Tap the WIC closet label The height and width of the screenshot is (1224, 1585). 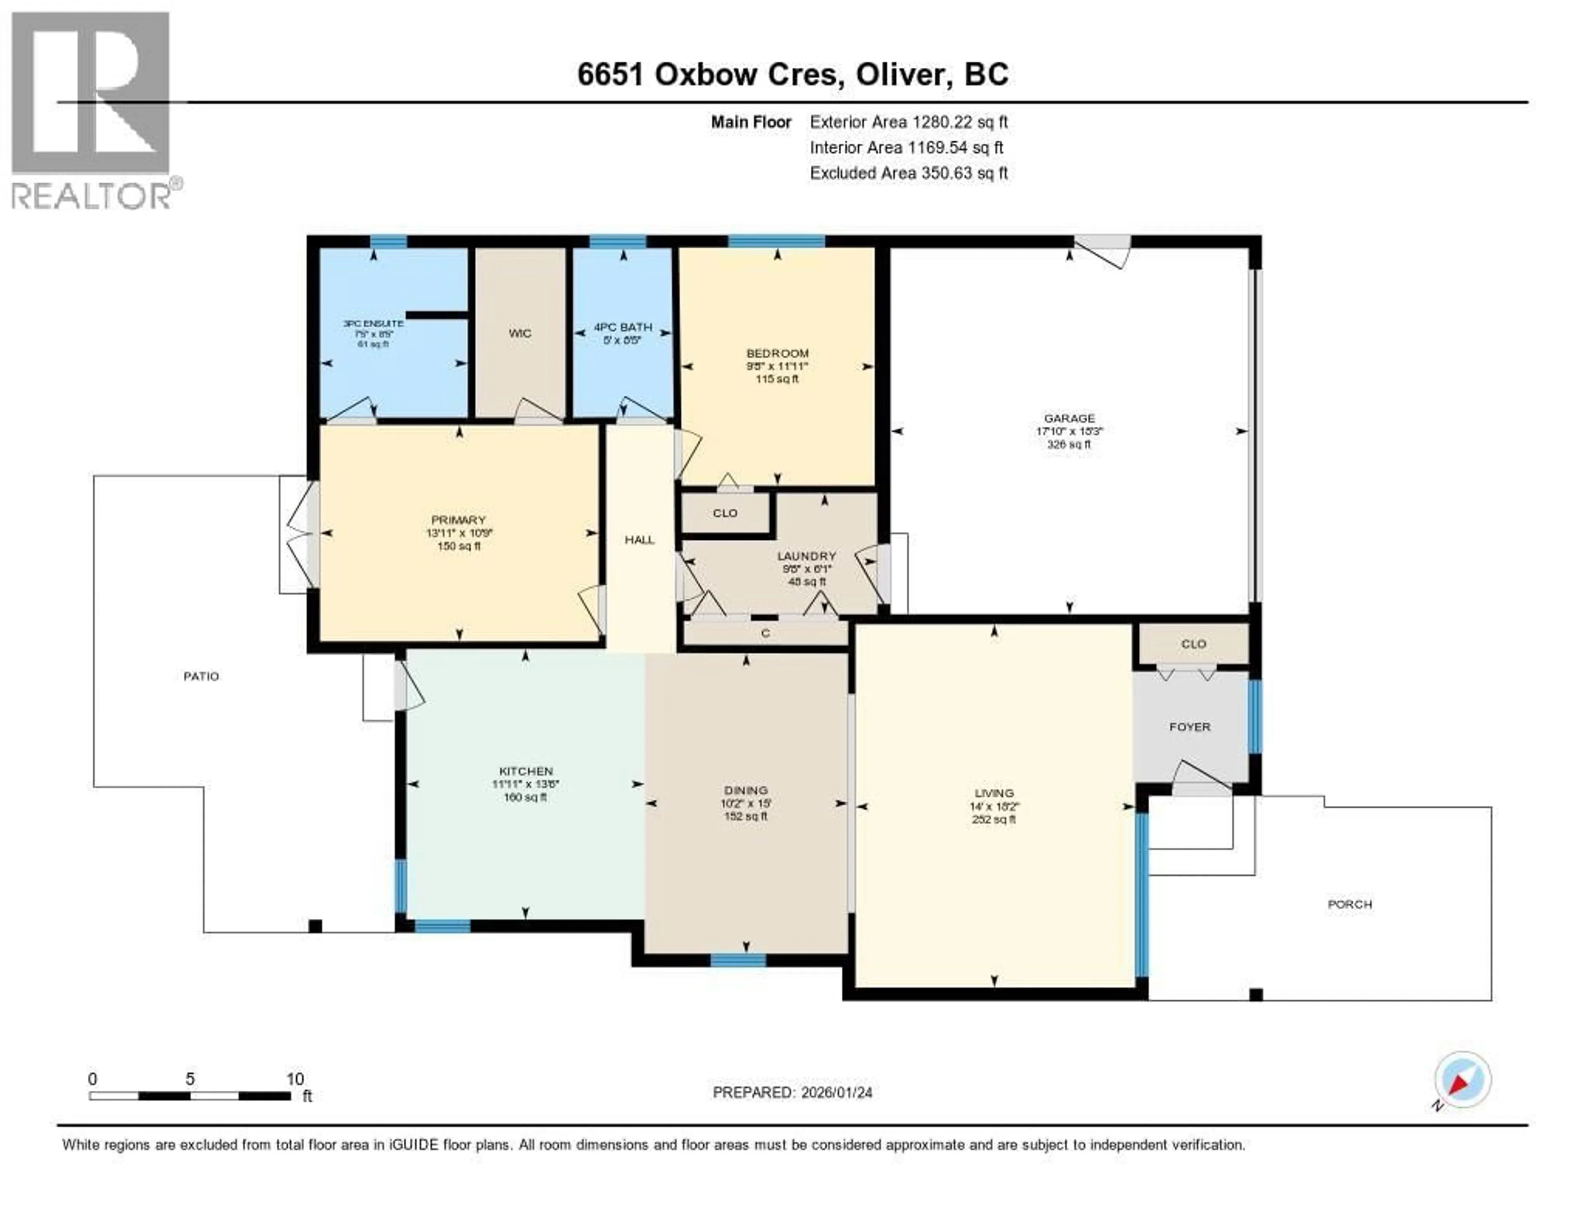click(x=520, y=333)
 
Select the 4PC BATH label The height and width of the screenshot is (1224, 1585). click(x=623, y=327)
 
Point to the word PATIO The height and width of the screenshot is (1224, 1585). click(x=201, y=676)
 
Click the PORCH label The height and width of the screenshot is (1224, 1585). click(x=1349, y=904)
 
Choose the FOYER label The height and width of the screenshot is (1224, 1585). click(x=1190, y=726)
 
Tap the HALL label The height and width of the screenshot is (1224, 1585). click(x=639, y=540)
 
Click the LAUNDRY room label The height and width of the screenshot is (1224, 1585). click(x=806, y=556)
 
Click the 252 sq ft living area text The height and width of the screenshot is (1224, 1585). click(x=994, y=819)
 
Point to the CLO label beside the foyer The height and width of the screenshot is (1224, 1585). click(x=1193, y=643)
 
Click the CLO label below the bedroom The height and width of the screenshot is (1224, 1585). click(x=724, y=513)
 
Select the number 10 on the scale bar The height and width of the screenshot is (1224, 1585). click(x=295, y=1079)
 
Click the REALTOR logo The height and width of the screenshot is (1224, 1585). click(x=92, y=109)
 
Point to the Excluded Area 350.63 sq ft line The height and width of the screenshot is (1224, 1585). click(x=908, y=172)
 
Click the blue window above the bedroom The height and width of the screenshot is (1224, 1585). click(x=776, y=241)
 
